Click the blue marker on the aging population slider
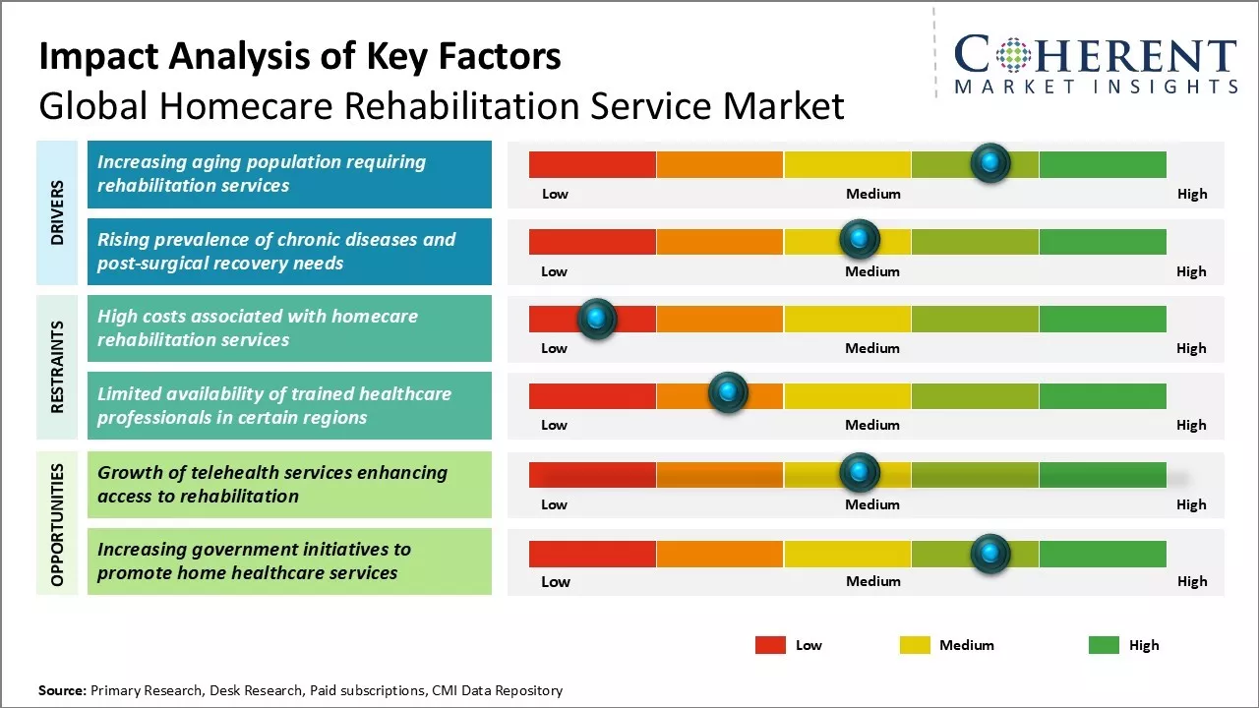pyautogui.click(x=990, y=162)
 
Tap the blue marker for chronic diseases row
pyautogui.click(x=860, y=239)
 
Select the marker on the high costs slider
pyautogui.click(x=596, y=318)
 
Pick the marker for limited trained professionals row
pyautogui.click(x=728, y=392)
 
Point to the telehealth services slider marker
pyautogui.click(x=860, y=473)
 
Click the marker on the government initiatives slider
pyautogui.click(x=990, y=554)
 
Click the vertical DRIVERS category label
pyautogui.click(x=57, y=212)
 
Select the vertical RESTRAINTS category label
pyautogui.click(x=57, y=367)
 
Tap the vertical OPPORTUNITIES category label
pyautogui.click(x=57, y=524)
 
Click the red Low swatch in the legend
pyautogui.click(x=770, y=645)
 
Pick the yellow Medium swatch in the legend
pyautogui.click(x=915, y=645)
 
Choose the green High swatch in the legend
pyautogui.click(x=1104, y=645)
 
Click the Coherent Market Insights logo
pyautogui.click(x=1096, y=64)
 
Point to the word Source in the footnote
pyautogui.click(x=62, y=690)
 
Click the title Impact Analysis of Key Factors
pyautogui.click(x=300, y=57)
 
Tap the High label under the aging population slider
pyautogui.click(x=1191, y=194)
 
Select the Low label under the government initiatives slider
pyautogui.click(x=555, y=581)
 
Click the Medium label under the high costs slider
pyautogui.click(x=872, y=348)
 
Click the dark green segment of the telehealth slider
pyautogui.click(x=1102, y=475)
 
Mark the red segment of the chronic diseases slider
pyautogui.click(x=592, y=242)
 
